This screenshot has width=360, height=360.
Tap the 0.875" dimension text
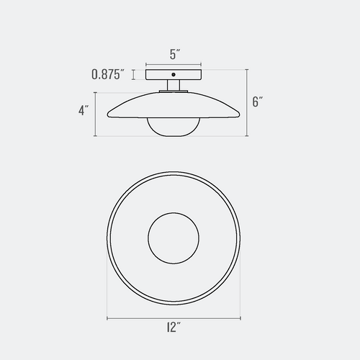pos(109,74)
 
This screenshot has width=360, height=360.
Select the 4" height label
pos(84,111)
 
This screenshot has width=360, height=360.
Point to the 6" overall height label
pos(258,102)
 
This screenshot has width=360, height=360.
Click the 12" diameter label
pos(173,328)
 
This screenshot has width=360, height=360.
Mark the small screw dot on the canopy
pos(173,74)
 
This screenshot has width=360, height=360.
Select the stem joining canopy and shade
pos(173,86)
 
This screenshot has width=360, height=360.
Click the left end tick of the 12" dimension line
pos(107,318)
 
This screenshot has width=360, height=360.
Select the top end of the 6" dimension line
pos(246,69)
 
